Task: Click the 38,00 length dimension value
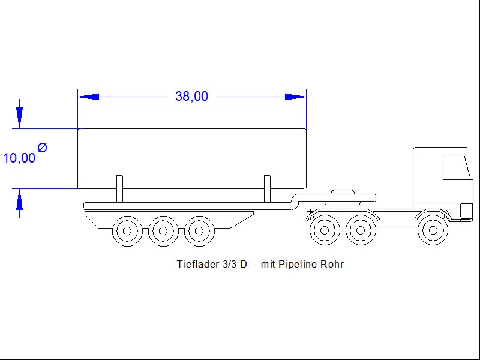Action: coord(191,96)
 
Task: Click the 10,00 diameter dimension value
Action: coord(19,158)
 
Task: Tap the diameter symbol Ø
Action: coord(42,148)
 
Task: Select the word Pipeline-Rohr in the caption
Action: coord(311,264)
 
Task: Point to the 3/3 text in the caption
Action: coord(228,264)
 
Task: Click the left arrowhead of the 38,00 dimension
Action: coord(89,97)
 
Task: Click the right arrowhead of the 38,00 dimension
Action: coord(295,97)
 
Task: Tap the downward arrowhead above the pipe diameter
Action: coord(19,118)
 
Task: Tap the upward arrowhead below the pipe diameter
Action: coord(19,199)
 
